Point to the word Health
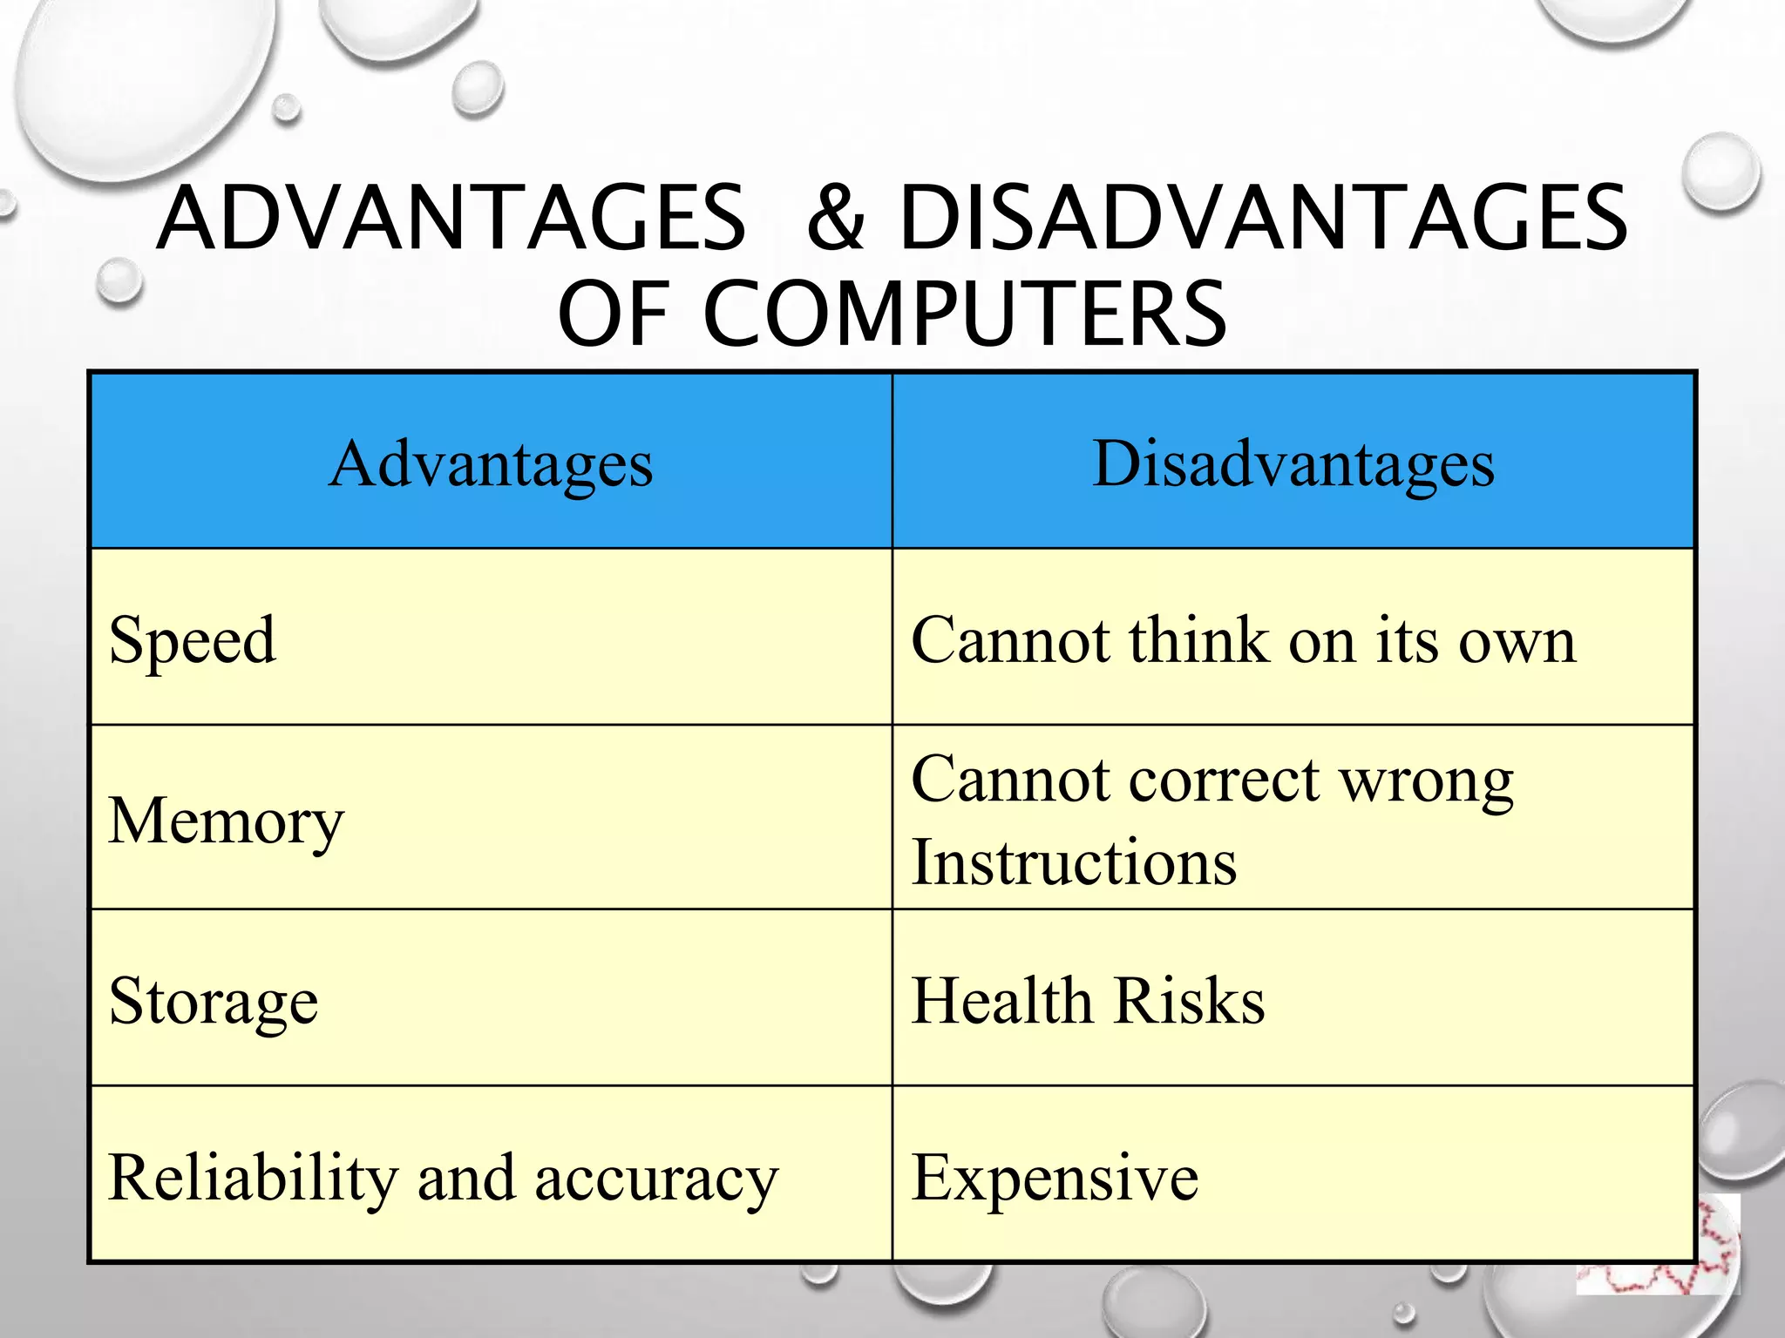click(1001, 1001)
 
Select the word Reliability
click(252, 1178)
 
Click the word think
click(1198, 640)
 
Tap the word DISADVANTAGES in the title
click(1263, 218)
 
